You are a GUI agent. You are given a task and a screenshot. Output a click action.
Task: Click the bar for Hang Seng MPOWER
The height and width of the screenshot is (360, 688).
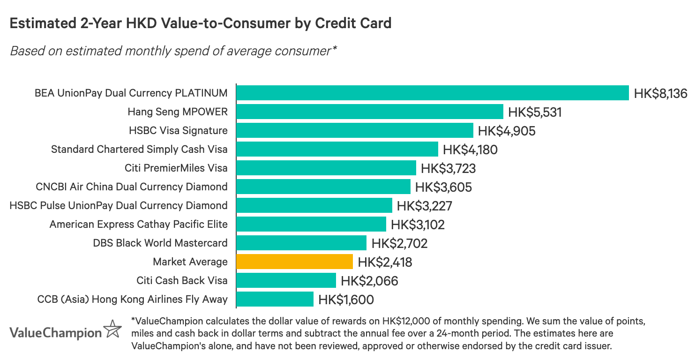(369, 112)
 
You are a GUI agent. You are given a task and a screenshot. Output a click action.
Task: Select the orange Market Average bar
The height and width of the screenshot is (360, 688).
(294, 262)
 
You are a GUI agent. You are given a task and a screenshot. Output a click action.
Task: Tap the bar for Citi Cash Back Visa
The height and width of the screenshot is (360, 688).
(286, 280)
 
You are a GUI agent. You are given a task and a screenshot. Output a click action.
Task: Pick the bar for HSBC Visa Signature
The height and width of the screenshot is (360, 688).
(354, 130)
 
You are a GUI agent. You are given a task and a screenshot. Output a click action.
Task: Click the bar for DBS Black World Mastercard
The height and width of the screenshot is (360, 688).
(301, 243)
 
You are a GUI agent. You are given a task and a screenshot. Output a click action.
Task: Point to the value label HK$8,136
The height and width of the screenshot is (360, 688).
(660, 93)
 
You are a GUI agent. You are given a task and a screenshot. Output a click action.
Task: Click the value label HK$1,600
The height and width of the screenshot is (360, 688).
(346, 300)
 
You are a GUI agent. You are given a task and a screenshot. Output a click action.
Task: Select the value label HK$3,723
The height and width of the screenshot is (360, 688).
(448, 168)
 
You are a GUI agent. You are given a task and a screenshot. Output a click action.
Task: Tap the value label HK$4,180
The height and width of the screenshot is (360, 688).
(470, 150)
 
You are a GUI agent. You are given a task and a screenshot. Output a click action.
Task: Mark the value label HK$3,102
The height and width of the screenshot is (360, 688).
(418, 225)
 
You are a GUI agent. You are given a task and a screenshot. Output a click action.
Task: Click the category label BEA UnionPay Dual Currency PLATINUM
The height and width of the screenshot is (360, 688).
(131, 93)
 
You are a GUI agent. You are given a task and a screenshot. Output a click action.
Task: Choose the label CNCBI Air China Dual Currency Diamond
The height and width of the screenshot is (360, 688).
(132, 187)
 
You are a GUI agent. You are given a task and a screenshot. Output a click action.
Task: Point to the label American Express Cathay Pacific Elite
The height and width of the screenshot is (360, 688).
(138, 225)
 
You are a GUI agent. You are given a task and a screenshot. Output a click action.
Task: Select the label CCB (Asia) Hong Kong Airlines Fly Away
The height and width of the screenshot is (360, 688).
(132, 300)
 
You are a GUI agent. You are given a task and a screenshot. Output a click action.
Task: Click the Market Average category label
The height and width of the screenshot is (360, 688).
(190, 262)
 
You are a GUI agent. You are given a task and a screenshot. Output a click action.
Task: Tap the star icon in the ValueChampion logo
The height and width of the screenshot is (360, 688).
(112, 329)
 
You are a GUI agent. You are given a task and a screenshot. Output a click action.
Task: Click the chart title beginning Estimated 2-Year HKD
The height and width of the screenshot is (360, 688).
(201, 23)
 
